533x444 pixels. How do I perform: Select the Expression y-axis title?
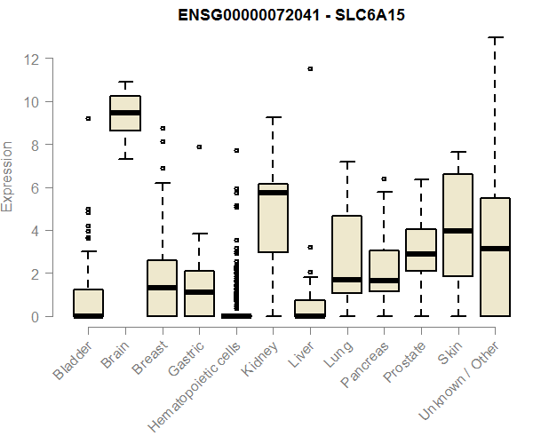8,176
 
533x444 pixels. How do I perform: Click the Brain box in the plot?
125,113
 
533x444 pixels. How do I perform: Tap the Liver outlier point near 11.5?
310,68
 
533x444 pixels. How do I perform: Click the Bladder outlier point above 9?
88,118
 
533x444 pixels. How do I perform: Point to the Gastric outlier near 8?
199,147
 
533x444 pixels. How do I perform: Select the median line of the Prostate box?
421,254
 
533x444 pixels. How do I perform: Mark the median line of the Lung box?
346,280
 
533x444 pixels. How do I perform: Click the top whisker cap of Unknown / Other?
495,37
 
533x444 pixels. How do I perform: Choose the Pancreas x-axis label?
364,363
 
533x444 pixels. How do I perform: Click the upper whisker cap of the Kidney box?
273,117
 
